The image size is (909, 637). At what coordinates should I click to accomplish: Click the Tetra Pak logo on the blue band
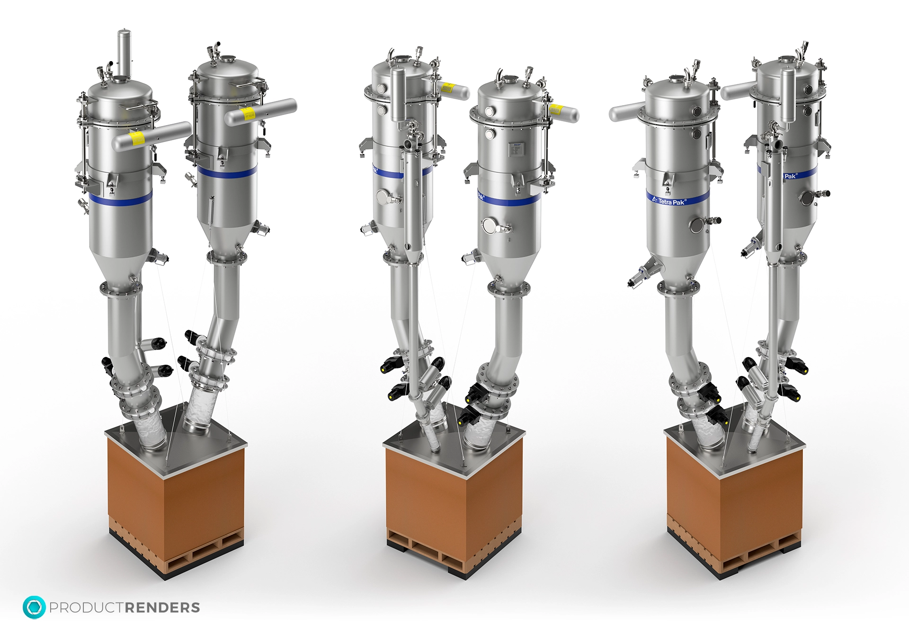(668, 201)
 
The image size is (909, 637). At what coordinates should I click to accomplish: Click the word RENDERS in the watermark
(162, 608)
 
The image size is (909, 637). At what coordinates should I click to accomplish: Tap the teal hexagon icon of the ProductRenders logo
(34, 607)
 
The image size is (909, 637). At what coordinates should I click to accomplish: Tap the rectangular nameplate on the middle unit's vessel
(515, 149)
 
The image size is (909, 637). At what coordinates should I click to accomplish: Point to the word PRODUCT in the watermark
(87, 608)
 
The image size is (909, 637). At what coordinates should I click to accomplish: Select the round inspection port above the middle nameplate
(490, 111)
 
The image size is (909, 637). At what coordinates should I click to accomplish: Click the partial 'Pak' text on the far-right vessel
(790, 176)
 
